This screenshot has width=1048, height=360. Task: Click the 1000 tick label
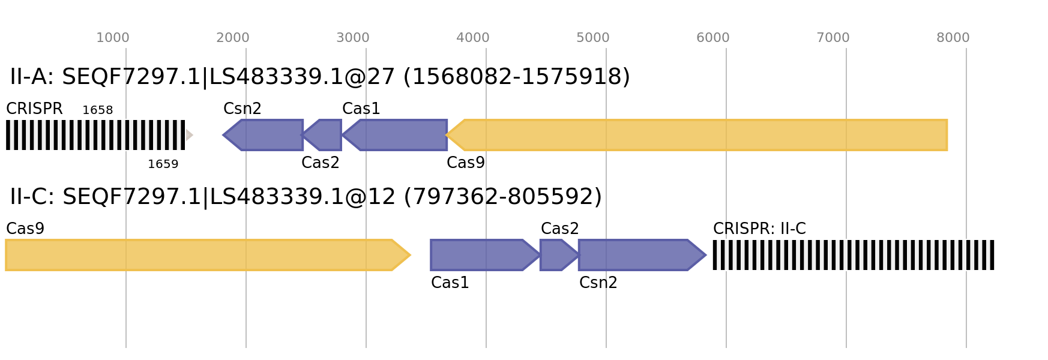(113, 38)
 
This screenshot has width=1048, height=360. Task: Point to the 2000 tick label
(233, 38)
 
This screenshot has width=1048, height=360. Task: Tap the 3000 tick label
(353, 38)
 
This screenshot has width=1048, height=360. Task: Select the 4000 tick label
(473, 38)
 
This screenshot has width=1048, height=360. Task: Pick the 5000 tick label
(593, 38)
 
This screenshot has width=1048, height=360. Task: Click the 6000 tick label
(713, 38)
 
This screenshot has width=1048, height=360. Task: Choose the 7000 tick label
(833, 38)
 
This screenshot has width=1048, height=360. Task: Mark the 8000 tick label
(953, 38)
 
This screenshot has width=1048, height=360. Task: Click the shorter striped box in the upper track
(95, 135)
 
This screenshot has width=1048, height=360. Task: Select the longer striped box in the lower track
(853, 255)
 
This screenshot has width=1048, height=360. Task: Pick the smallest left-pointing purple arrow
(324, 135)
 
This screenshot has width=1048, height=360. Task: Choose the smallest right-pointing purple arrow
(558, 255)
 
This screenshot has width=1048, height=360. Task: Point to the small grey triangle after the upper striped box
(189, 135)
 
